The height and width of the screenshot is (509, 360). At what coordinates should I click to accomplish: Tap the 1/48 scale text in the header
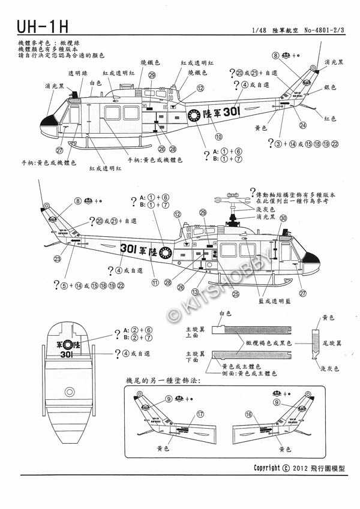point(260,30)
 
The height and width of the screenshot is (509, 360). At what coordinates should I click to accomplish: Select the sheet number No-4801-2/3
point(328,30)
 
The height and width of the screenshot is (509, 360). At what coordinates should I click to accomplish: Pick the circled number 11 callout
point(154,282)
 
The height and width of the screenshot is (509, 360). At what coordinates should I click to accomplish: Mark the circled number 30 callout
point(283,236)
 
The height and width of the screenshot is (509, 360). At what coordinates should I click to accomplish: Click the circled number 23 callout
point(57,259)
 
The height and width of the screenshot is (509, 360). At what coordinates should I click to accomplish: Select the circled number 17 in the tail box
point(200,414)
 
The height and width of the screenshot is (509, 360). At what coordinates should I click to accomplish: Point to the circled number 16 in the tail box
point(249,414)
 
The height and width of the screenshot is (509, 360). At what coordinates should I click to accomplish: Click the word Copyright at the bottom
point(267,468)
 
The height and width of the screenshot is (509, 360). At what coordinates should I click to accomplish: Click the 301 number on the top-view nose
point(68,354)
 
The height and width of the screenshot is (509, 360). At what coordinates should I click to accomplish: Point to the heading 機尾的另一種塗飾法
point(163,381)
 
